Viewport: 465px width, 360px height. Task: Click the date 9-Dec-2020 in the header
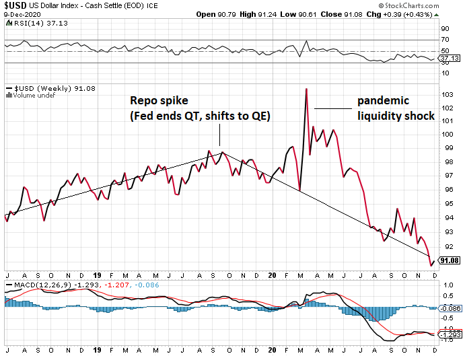pos(21,15)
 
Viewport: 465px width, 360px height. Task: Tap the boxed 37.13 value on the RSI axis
pos(448,59)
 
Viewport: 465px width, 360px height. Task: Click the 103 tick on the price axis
pos(445,94)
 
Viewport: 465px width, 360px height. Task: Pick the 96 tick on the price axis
pos(445,189)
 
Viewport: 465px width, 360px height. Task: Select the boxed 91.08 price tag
pos(448,260)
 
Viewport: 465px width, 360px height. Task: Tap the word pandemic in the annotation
pos(383,100)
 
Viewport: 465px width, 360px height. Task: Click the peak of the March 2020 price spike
pos(306,89)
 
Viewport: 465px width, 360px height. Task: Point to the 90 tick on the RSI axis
pos(445,29)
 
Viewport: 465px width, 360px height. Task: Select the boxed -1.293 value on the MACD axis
pos(448,334)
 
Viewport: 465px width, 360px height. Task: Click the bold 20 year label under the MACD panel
pos(273,349)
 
